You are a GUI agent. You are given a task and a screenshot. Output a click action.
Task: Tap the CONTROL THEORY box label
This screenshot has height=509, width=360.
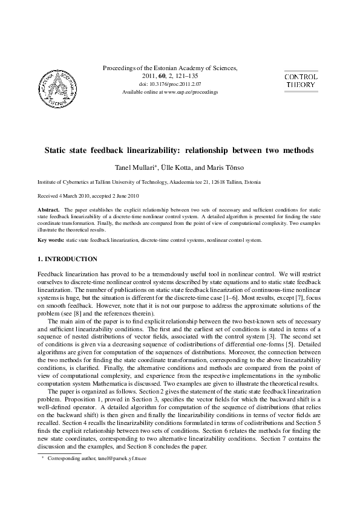point(300,81)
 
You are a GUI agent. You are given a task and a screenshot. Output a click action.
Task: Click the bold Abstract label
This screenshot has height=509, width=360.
point(48,209)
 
